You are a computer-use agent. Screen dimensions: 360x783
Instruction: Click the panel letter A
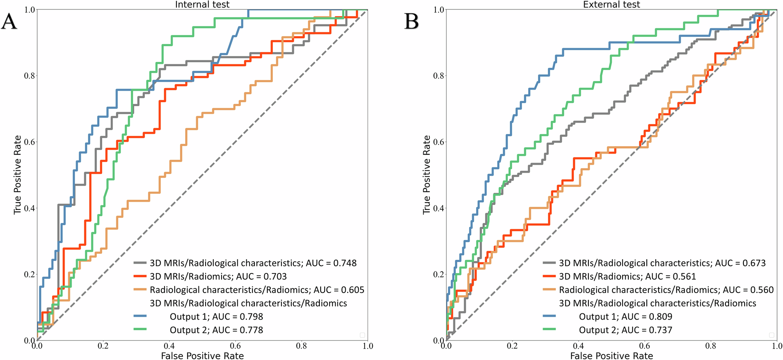[x=9, y=22]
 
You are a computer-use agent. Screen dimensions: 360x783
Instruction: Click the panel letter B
[x=411, y=22]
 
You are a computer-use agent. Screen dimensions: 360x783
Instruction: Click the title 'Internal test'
[x=202, y=5]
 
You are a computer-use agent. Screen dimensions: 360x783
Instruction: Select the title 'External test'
[x=611, y=5]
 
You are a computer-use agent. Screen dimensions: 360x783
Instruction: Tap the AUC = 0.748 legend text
[x=253, y=263]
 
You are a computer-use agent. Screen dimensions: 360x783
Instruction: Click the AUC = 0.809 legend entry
[x=625, y=317]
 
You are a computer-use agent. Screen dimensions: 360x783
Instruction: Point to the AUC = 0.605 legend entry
[x=257, y=290]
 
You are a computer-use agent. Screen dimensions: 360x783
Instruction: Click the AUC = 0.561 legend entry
[x=627, y=277]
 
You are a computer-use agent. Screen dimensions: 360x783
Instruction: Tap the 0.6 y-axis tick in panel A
[x=30, y=142]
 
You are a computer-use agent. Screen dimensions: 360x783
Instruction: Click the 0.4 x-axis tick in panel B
[x=578, y=346]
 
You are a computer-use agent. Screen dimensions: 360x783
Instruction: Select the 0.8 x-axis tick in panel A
[x=301, y=346]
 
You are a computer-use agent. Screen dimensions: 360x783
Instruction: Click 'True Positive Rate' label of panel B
[x=426, y=175]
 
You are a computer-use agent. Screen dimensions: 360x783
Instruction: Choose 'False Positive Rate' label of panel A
[x=202, y=355]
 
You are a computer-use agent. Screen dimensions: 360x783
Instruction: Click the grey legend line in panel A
[x=140, y=263]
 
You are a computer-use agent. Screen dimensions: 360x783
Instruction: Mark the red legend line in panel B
[x=549, y=276]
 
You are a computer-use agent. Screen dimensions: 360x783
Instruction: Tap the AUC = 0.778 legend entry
[x=216, y=330]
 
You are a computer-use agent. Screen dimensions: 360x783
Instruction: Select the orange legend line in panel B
[x=549, y=289]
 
